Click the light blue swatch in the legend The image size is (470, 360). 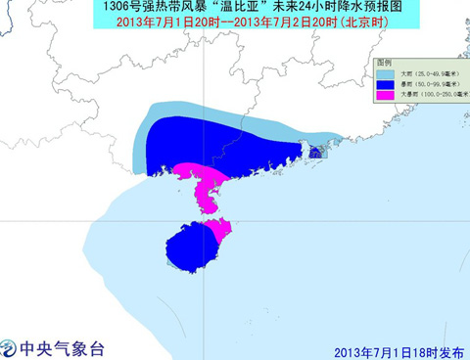click(386, 72)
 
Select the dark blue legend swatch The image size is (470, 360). click(386, 84)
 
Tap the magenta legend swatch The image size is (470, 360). click(386, 96)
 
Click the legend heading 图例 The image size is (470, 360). click(386, 62)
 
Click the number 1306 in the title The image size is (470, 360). click(117, 8)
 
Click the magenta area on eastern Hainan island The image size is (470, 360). click(220, 233)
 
